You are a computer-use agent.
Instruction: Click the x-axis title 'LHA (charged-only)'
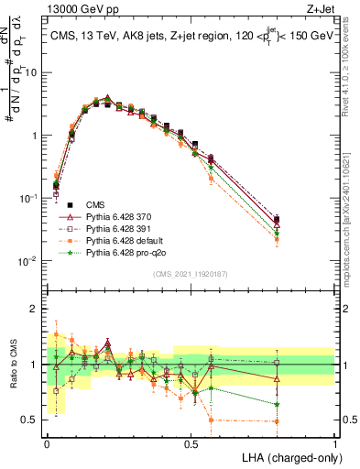[288, 455]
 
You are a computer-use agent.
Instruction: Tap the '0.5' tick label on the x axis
[191, 442]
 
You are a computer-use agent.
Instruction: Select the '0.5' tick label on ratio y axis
[34, 420]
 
